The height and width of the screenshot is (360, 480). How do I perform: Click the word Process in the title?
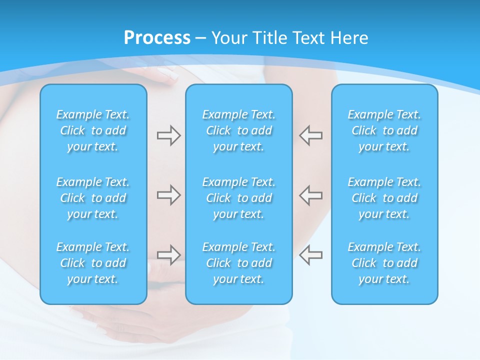pos(157,37)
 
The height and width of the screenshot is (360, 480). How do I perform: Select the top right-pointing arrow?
pos(168,135)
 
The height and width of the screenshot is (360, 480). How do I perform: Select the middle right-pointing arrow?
pos(168,195)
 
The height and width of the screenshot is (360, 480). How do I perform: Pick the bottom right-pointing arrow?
pos(168,255)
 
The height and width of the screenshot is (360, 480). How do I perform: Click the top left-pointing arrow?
pos(311,135)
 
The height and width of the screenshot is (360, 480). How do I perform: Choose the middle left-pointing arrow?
pos(311,195)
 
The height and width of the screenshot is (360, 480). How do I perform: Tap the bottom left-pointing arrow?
pos(311,255)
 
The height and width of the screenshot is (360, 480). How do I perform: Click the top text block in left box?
pos(93,130)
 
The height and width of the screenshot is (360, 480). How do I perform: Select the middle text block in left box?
pos(93,198)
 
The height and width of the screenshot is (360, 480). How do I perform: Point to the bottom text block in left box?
pos(93,263)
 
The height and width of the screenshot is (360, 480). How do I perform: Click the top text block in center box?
pos(239,130)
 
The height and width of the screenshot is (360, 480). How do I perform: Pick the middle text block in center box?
pos(239,198)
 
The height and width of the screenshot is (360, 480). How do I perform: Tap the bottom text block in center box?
pos(239,263)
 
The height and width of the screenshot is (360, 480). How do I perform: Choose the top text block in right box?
pos(384,130)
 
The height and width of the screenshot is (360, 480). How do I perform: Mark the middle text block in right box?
pos(384,198)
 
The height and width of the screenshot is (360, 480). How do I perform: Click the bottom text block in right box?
pos(384,263)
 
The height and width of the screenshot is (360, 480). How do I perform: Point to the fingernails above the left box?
pos(169,75)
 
